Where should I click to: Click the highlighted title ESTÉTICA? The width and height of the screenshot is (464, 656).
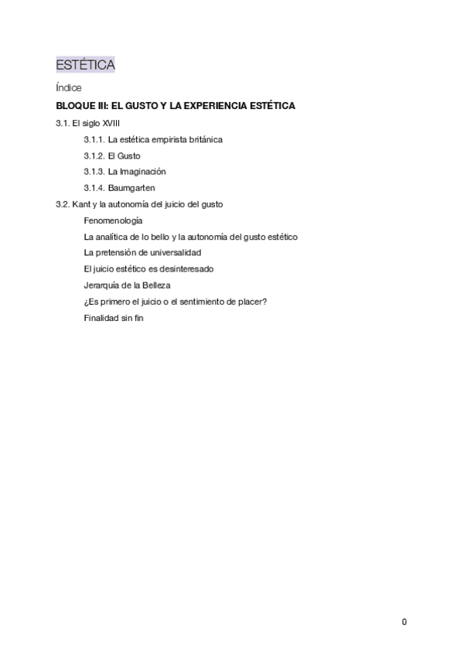(x=85, y=65)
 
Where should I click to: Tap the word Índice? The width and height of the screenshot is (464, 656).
(x=69, y=88)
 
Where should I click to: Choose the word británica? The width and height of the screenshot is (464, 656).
(x=205, y=139)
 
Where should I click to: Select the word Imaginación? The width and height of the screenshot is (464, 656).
(x=142, y=172)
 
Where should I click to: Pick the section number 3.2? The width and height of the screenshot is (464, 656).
(x=62, y=204)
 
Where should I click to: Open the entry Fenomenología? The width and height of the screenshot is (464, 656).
(x=113, y=220)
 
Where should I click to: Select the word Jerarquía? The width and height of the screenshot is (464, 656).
(x=101, y=285)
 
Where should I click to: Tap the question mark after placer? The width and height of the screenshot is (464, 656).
(x=265, y=302)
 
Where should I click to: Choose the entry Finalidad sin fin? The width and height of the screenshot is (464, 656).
(x=114, y=318)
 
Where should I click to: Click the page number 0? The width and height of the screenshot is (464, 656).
(x=404, y=622)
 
